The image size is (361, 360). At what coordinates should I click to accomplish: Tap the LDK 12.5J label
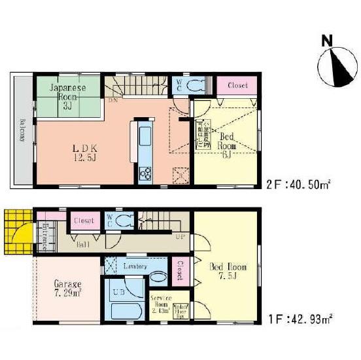84,152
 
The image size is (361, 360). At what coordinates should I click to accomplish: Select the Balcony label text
22,129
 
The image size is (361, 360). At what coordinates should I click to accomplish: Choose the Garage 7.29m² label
67,289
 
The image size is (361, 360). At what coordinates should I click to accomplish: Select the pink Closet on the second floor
236,85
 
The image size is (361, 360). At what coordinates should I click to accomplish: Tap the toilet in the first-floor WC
124,221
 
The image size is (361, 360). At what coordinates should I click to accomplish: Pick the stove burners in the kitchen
144,173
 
